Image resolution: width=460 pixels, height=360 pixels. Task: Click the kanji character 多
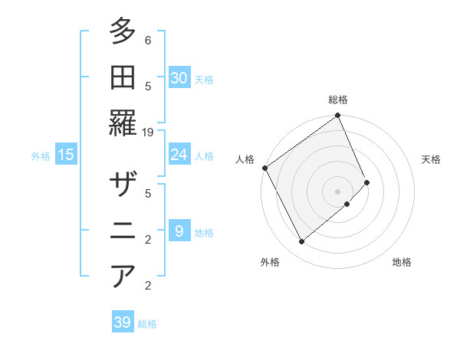(x=123, y=32)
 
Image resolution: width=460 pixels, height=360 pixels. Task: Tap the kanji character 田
(x=123, y=77)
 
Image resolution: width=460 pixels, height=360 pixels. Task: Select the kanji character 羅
(x=123, y=122)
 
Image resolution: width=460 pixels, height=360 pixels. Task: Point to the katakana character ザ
(x=123, y=185)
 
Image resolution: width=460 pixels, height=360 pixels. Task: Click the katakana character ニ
(x=123, y=230)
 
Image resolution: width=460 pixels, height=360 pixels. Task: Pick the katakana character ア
(x=123, y=276)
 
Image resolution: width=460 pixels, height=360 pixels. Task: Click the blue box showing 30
(x=179, y=78)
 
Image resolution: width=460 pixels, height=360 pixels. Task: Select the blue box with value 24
(x=179, y=155)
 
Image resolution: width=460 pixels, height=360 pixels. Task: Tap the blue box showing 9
(x=179, y=231)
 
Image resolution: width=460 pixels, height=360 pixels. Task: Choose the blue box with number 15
(x=65, y=155)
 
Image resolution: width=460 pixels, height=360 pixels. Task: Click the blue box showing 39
(x=123, y=322)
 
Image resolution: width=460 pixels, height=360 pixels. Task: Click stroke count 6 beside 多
(x=148, y=40)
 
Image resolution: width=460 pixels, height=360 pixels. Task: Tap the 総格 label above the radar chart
(x=338, y=100)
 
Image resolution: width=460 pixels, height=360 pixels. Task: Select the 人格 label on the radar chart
(x=245, y=159)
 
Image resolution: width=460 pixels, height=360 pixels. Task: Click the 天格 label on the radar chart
(x=431, y=159)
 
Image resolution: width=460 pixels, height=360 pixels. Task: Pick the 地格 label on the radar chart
(x=402, y=262)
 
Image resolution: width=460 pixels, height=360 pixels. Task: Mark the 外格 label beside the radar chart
(x=270, y=262)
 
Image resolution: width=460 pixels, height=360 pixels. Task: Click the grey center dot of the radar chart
(x=337, y=190)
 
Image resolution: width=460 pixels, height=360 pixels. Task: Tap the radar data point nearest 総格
(x=338, y=116)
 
